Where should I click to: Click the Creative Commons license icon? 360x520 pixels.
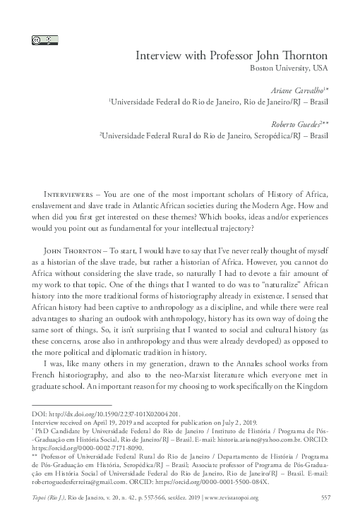point(40,40)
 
